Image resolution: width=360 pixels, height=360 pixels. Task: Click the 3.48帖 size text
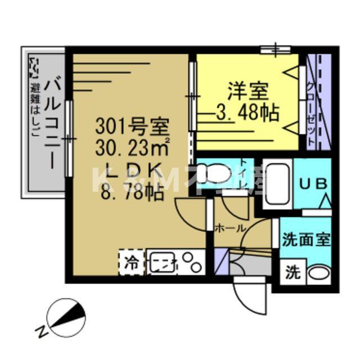point(247,114)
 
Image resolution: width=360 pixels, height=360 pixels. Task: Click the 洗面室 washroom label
point(306,239)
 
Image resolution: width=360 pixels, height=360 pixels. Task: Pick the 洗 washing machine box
point(292,273)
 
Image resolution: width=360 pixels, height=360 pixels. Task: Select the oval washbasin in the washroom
point(318,274)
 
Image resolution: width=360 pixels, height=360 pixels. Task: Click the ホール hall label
point(230,229)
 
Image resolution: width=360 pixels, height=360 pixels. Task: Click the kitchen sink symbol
point(163,263)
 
